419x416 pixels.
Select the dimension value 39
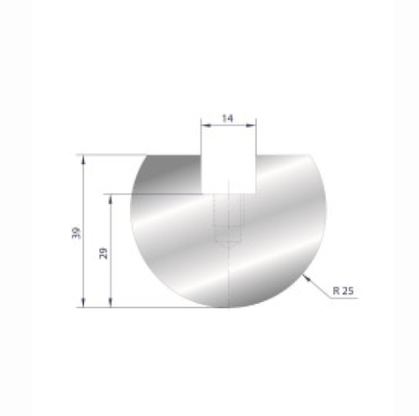(x=76, y=232)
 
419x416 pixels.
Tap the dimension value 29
(x=103, y=253)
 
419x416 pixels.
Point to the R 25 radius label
(x=343, y=291)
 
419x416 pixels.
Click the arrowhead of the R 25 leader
(x=305, y=275)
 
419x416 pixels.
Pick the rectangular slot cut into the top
(x=229, y=173)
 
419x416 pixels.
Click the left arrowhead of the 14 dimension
(x=205, y=126)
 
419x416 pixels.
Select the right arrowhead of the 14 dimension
(x=253, y=126)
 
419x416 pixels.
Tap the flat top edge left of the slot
(x=173, y=155)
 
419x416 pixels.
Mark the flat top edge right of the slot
(x=282, y=155)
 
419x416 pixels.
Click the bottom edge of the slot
(x=229, y=192)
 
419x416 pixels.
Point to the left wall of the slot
(x=202, y=174)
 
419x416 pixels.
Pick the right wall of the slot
(x=256, y=174)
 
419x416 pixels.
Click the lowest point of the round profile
(x=229, y=307)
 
